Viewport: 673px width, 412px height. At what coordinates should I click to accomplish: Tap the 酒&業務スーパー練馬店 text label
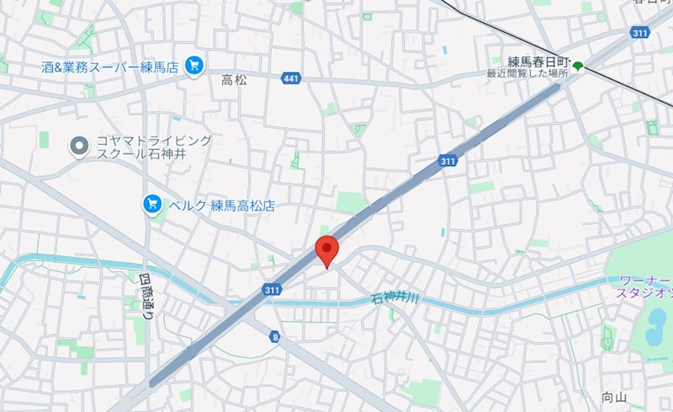click(x=110, y=66)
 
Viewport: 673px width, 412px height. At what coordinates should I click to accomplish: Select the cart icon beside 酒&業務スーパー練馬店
click(x=194, y=64)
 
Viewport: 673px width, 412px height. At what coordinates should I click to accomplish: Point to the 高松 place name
click(x=234, y=81)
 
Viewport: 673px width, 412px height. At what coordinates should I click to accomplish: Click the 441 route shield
click(x=291, y=78)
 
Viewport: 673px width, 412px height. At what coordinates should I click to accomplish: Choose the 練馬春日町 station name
click(x=539, y=62)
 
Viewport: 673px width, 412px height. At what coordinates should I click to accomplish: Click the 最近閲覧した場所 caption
click(x=527, y=74)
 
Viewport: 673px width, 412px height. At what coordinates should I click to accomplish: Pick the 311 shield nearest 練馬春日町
click(x=640, y=32)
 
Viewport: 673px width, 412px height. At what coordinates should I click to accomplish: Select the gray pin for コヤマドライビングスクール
click(x=78, y=147)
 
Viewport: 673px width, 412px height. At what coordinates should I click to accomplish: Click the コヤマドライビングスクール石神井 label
click(x=140, y=147)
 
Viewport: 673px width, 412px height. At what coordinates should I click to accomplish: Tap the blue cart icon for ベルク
click(x=153, y=204)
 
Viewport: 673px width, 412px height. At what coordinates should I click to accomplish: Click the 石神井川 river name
click(x=396, y=297)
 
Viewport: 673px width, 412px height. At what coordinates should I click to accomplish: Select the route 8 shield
click(x=275, y=336)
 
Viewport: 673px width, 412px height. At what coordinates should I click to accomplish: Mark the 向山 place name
click(x=615, y=397)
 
